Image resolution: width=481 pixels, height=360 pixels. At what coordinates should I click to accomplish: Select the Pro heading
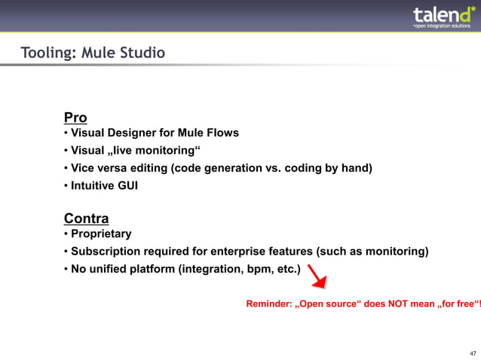75,117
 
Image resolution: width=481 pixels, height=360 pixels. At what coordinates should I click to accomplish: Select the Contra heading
86,218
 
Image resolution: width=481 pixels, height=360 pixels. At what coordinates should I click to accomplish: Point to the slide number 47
472,352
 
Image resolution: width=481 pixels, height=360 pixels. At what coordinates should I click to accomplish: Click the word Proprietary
101,234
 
